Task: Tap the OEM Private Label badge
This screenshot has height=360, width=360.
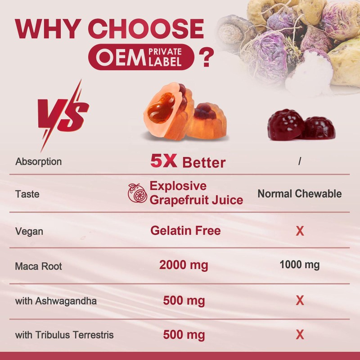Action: coord(141,58)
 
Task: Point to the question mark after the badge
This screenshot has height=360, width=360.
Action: coord(206,58)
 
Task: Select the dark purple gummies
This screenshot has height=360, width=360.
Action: coord(300,124)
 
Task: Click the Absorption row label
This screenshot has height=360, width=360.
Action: coord(39,161)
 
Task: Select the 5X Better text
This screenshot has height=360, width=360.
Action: coord(188,162)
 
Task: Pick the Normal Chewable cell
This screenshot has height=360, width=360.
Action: coord(299,194)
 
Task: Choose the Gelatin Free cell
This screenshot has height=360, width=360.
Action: coord(185,231)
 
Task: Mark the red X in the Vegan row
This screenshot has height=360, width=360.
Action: coord(300,232)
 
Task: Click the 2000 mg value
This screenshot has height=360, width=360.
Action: coord(184,265)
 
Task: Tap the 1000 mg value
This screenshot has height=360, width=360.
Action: coord(299,265)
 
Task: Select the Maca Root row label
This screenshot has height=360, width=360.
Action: coord(38,266)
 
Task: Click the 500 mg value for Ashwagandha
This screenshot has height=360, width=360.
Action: coord(184,300)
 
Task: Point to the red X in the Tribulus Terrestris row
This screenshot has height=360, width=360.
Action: coord(300,335)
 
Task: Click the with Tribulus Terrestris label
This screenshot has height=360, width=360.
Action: coord(64,335)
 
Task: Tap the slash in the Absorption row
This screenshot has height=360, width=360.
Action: coord(300,161)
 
